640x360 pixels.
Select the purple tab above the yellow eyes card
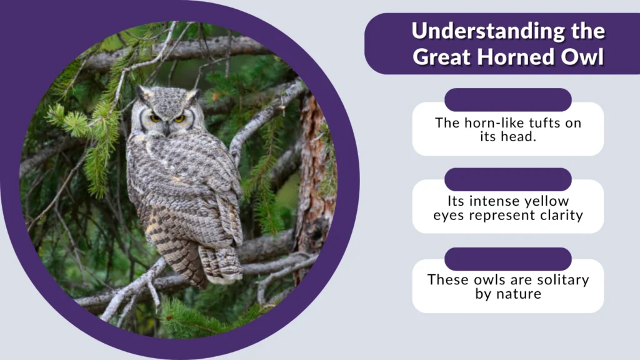(507, 179)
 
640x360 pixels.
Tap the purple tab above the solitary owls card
(507, 259)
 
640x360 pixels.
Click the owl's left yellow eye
(154, 117)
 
